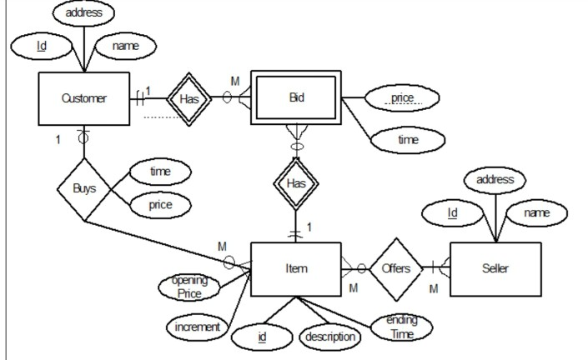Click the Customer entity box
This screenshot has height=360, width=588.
click(x=83, y=98)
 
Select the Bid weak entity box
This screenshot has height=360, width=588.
click(x=297, y=97)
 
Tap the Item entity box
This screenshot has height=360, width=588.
click(x=296, y=268)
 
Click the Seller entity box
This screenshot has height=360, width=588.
click(x=495, y=268)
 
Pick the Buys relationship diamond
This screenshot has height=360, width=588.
click(x=84, y=188)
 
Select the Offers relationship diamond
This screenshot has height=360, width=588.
click(x=396, y=268)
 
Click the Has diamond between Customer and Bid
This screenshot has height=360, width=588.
click(x=187, y=98)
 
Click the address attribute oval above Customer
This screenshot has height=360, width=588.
click(x=83, y=13)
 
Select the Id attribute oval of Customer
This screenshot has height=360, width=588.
click(x=42, y=45)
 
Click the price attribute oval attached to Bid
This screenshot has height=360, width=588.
click(x=403, y=97)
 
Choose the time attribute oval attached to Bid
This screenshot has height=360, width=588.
click(x=407, y=140)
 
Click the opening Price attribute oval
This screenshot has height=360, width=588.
click(x=190, y=287)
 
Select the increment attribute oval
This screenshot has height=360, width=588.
click(x=197, y=327)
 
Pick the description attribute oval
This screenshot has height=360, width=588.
click(x=329, y=337)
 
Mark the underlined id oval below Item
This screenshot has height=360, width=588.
click(x=262, y=337)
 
